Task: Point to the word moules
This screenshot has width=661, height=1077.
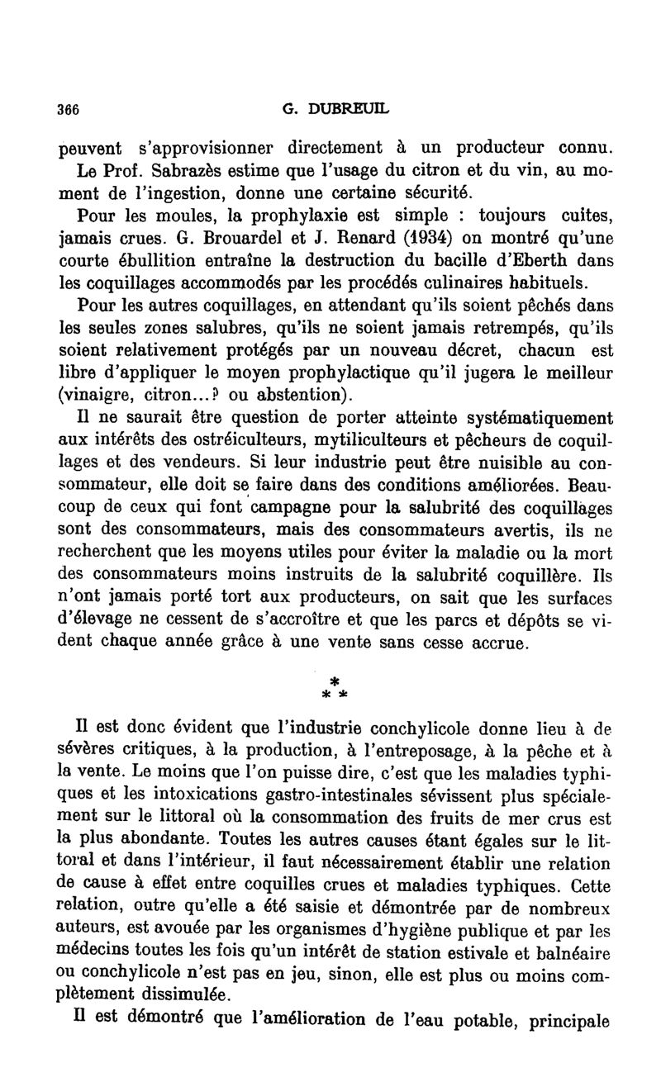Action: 163,216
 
